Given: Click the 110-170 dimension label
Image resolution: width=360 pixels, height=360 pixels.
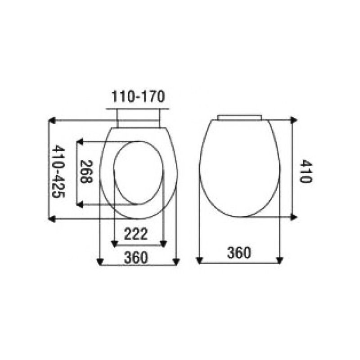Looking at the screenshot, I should pyautogui.click(x=138, y=96).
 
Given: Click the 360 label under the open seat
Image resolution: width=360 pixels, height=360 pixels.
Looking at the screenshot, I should pyautogui.click(x=136, y=257).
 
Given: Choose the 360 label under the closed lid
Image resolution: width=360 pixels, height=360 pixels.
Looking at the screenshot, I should pyautogui.click(x=238, y=253).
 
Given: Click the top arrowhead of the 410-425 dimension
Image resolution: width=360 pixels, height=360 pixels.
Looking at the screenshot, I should pyautogui.click(x=52, y=121).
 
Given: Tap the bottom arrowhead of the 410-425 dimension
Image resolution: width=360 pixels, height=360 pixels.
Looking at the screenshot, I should pyautogui.click(x=52, y=219).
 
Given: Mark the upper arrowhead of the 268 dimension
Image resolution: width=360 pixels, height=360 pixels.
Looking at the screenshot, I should pyautogui.click(x=80, y=142).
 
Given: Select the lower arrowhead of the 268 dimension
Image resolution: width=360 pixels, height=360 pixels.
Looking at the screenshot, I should pyautogui.click(x=80, y=205).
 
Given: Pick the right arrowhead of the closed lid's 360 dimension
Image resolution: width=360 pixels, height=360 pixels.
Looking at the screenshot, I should pyautogui.click(x=279, y=260).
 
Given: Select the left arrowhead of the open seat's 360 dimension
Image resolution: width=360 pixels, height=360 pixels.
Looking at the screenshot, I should pyautogui.click(x=101, y=261).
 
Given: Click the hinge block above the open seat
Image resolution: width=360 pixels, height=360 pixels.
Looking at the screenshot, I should pyautogui.click(x=138, y=119).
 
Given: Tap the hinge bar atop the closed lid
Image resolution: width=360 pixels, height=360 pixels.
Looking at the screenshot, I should pyautogui.click(x=239, y=117).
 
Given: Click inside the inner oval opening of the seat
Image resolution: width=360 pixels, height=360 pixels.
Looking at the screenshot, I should pyautogui.click(x=138, y=173).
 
